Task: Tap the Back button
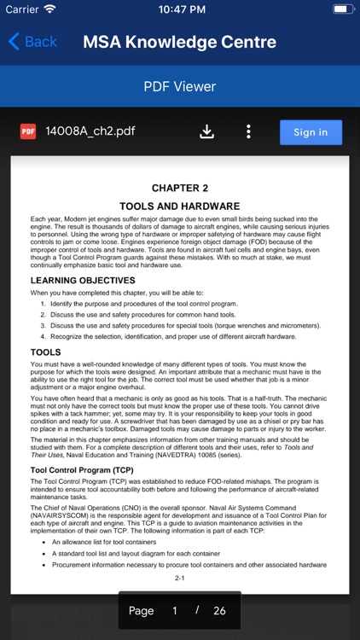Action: [x=32, y=41]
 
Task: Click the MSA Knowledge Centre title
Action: [x=179, y=42]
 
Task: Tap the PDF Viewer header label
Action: [x=179, y=86]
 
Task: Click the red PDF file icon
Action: [x=28, y=131]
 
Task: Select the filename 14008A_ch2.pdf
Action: [x=90, y=131]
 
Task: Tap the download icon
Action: [x=206, y=131]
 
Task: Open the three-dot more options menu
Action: [x=248, y=131]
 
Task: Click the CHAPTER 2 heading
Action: [x=179, y=188]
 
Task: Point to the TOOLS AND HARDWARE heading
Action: [x=179, y=207]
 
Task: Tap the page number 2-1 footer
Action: [x=179, y=578]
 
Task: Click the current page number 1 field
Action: [x=175, y=611]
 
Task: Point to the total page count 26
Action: [x=219, y=611]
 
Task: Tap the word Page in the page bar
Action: [x=141, y=611]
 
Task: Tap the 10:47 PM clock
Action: [x=179, y=9]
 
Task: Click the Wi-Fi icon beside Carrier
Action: [x=49, y=9]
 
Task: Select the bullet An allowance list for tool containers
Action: [x=117, y=542]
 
